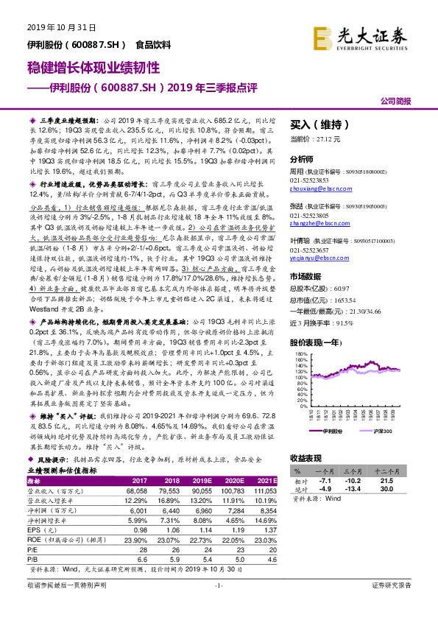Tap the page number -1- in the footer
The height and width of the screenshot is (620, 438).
pyautogui.click(x=219, y=606)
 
